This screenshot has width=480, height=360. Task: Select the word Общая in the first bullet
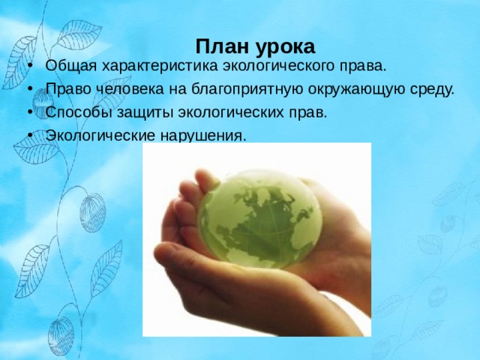(x=71, y=67)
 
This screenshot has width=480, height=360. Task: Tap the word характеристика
(x=160, y=66)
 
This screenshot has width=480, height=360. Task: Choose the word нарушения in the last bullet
(x=203, y=136)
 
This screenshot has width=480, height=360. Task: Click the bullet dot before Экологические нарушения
(x=30, y=135)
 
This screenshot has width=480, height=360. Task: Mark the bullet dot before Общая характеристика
(x=30, y=66)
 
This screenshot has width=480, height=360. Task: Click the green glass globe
(x=259, y=219)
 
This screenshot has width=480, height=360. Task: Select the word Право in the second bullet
(x=68, y=89)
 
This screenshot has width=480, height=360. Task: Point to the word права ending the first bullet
(x=365, y=67)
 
